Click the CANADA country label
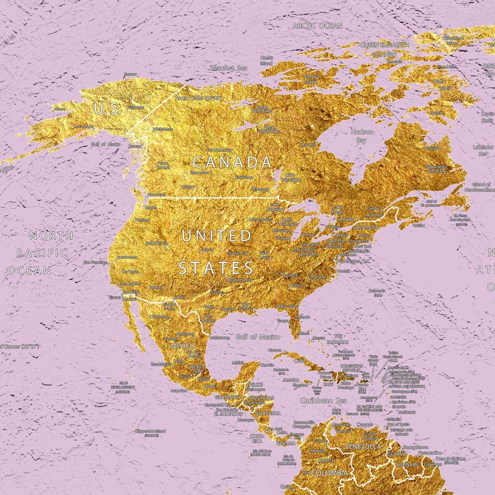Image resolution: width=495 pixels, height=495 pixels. coord(233,163)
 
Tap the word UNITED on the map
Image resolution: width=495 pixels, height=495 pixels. coord(216,236)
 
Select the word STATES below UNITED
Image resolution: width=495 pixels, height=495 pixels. coord(216,268)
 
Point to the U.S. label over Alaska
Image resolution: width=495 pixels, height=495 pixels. coord(107,108)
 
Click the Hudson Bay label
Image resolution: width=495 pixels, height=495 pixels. coord(362,136)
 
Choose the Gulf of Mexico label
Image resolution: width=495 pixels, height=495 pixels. coord(257,337)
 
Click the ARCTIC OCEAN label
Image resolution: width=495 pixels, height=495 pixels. coord(318,26)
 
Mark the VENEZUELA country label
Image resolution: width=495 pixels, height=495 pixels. coord(362,447)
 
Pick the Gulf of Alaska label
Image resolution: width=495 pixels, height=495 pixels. coord(105,144)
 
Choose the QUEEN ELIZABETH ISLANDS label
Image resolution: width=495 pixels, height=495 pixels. coord(385,49)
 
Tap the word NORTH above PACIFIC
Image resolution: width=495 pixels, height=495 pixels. coord(52,235)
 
